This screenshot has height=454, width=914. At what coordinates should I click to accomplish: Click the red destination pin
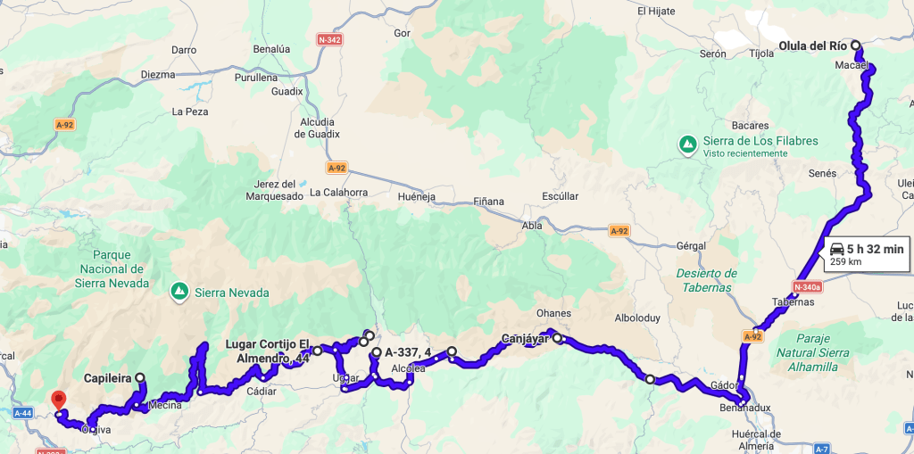tap(59, 400)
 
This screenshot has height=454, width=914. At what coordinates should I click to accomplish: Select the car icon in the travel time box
tap(836, 249)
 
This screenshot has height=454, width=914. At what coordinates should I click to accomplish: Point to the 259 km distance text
tap(844, 262)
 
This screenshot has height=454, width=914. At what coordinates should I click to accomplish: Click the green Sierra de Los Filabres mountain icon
tap(688, 144)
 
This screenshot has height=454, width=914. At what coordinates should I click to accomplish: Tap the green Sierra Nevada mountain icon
tap(179, 291)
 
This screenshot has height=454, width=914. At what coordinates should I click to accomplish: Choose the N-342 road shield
tap(329, 40)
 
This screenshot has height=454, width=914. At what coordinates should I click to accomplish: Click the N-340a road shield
tap(808, 286)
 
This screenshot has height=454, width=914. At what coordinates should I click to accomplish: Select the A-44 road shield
tap(23, 413)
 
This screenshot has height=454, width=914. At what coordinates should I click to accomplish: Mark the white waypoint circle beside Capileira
tap(140, 378)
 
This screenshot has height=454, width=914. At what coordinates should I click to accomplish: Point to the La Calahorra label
tap(338, 192)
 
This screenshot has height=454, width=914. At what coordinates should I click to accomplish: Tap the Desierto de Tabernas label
tap(706, 280)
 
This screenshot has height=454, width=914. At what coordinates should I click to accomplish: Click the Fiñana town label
tap(488, 202)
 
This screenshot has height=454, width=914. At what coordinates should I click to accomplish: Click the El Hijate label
tap(657, 11)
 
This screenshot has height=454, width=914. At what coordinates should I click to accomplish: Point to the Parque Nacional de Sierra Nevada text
tap(112, 268)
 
